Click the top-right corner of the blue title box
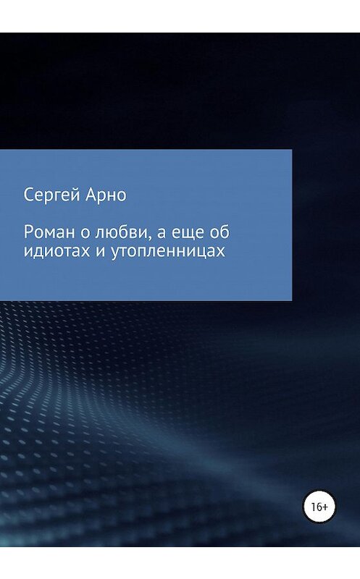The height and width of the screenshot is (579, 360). click(x=291, y=151)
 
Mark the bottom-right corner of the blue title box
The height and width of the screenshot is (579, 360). click(x=291, y=300)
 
